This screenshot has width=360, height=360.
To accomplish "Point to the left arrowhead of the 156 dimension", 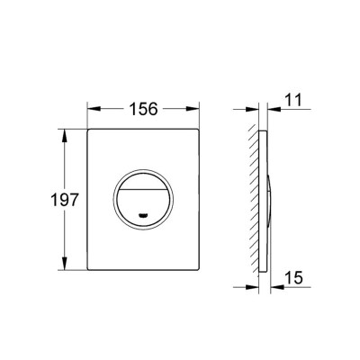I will (92, 109).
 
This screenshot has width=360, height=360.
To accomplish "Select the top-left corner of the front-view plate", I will (89, 130).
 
